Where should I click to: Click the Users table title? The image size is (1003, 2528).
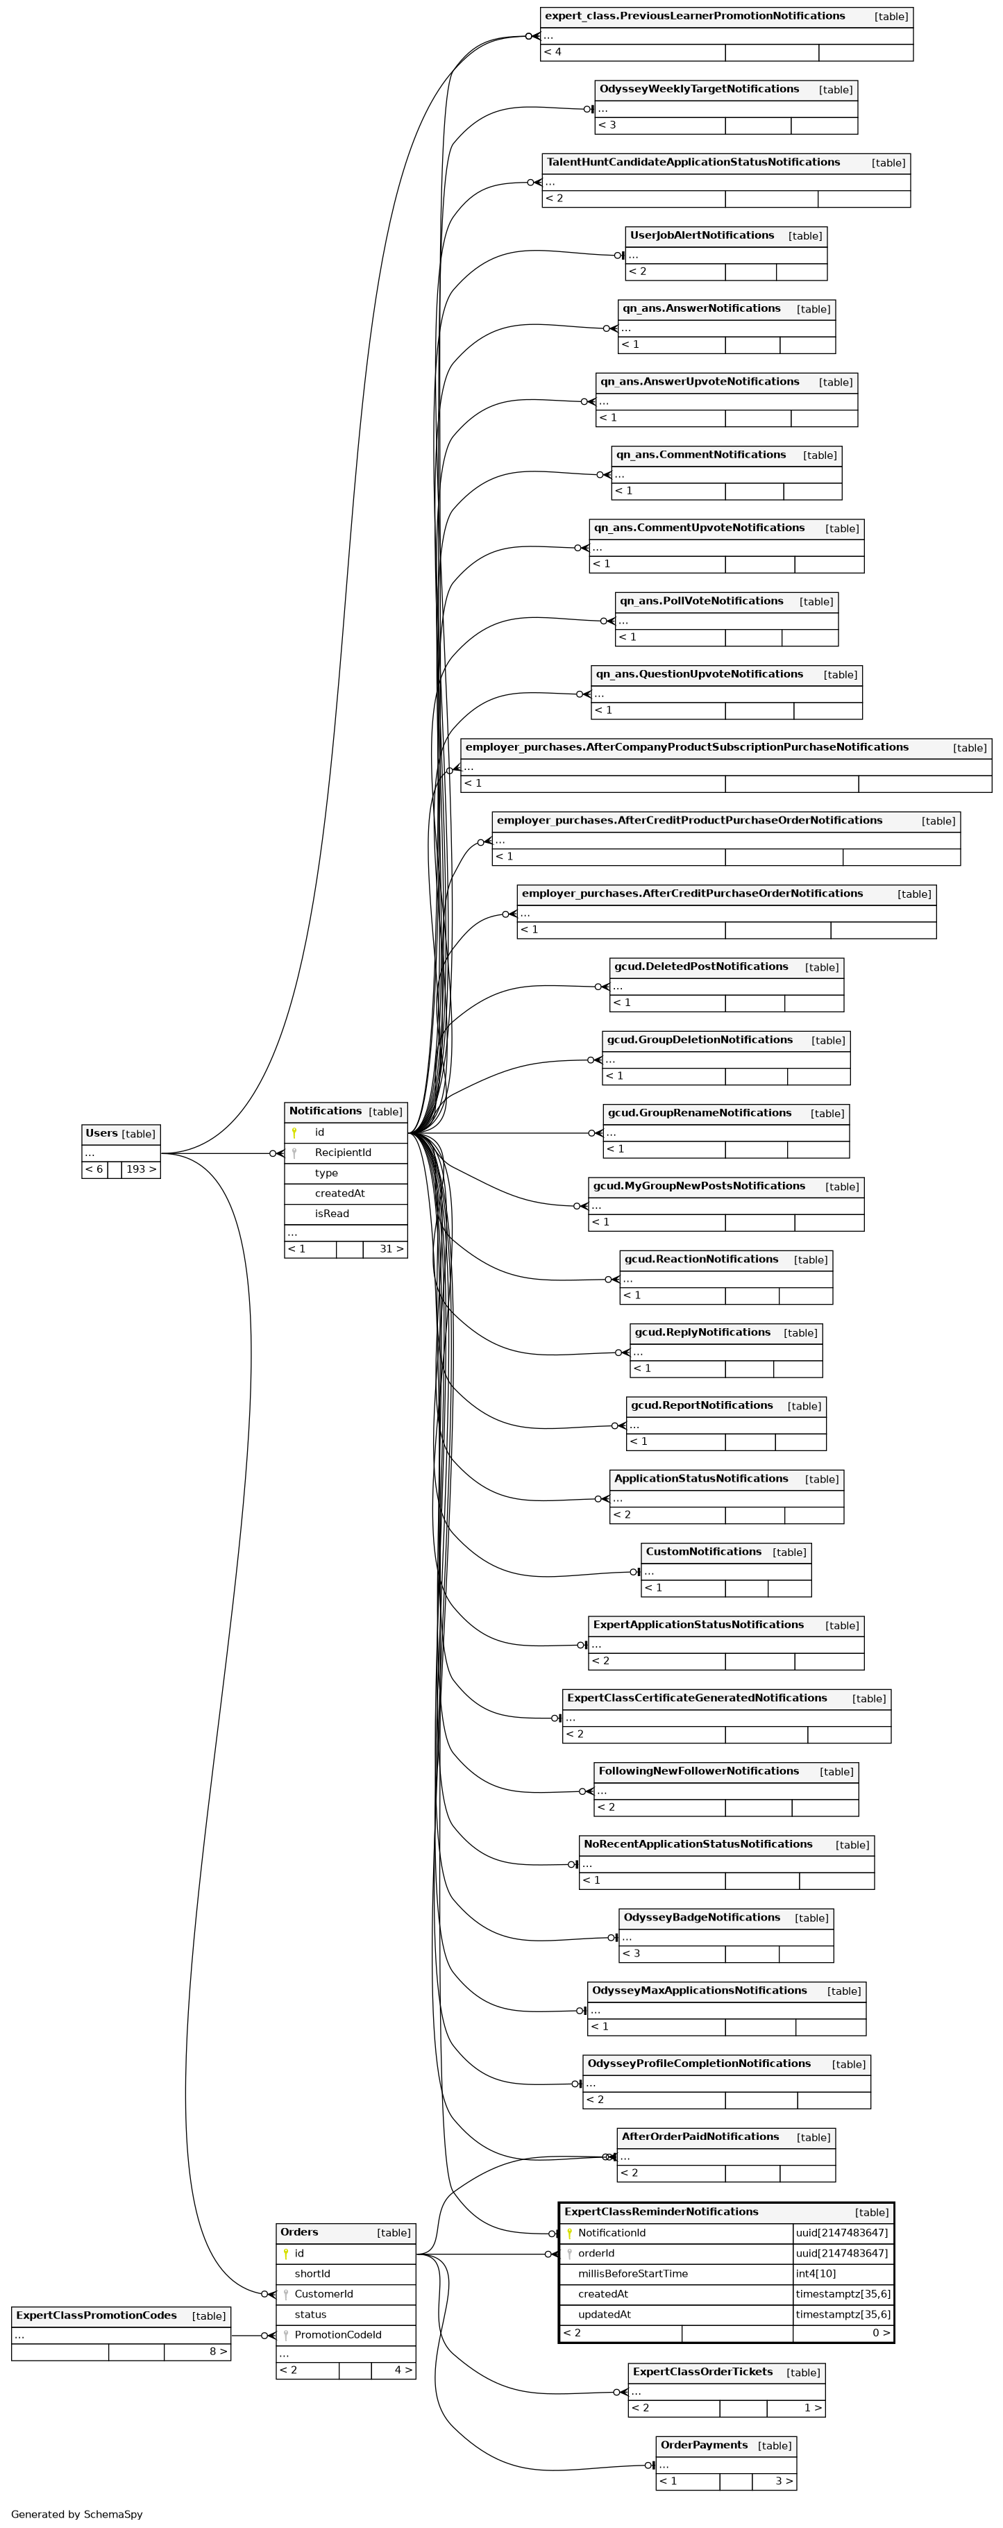101,1134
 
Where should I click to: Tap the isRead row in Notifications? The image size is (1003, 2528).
332,1213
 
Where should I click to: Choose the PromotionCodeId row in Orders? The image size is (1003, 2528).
337,2335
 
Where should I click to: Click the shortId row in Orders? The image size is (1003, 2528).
312,2274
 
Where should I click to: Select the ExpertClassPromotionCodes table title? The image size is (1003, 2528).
96,2315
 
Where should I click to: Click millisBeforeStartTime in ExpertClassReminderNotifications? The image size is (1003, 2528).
632,2273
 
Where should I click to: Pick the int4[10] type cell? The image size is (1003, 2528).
816,2273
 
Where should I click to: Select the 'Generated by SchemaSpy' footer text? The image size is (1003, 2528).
76,2513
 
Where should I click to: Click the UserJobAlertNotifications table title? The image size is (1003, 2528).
702,235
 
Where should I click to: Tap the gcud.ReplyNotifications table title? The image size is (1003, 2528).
702,1332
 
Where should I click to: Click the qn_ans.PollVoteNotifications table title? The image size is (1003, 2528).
701,601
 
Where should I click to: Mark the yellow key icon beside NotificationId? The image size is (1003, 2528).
569,2233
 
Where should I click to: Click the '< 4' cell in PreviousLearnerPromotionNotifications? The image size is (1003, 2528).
553,52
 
